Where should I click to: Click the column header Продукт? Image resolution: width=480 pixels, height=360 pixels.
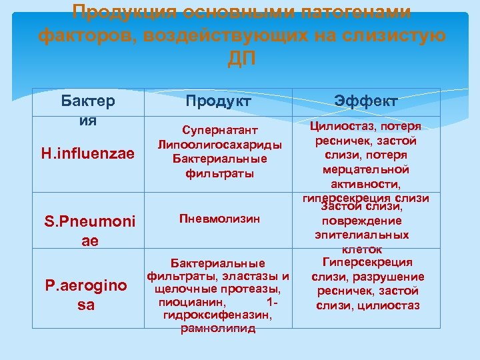(x=219, y=101)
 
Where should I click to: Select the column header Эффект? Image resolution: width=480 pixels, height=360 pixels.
(x=366, y=101)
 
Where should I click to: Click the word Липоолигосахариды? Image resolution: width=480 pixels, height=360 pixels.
(x=219, y=145)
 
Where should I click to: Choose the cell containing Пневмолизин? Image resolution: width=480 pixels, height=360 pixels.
(x=219, y=219)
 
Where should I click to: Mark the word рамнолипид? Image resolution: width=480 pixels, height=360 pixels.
(x=219, y=329)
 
